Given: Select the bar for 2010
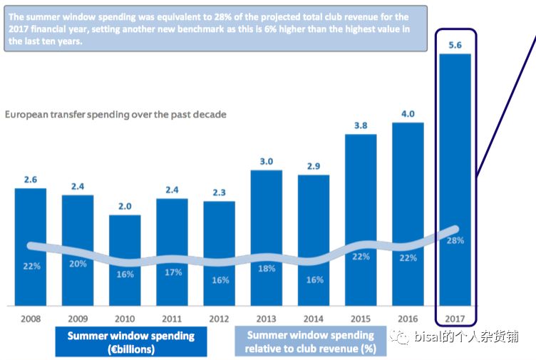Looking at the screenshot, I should point(125,260).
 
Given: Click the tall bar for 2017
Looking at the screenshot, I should point(455,178).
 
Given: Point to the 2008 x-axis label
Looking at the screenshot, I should point(30,318).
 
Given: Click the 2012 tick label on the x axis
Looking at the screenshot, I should point(219,318).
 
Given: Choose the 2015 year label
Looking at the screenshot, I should point(361,318).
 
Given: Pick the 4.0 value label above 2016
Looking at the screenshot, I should point(408,113).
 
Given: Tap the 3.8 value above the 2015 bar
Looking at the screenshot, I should point(361,125).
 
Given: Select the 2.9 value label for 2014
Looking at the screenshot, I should point(314,165).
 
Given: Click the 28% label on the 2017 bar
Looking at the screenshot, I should point(455,241).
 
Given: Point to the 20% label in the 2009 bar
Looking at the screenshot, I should point(78,264).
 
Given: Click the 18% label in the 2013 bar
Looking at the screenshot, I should point(267,269).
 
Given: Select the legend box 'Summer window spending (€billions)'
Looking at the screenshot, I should point(130,342).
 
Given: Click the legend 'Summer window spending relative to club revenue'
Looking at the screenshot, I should point(310,342).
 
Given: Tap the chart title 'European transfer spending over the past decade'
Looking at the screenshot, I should point(115,114).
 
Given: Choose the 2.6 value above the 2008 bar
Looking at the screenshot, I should point(30,180).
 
